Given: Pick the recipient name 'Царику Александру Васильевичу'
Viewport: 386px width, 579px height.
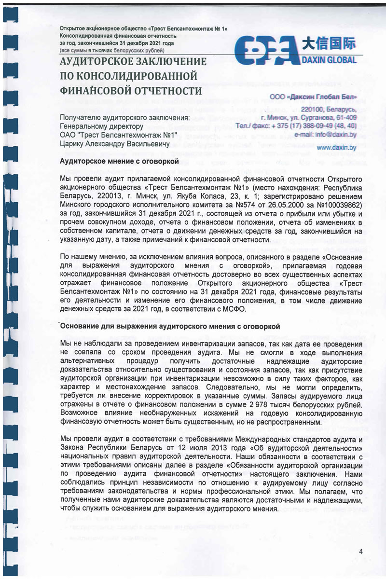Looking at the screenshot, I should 114,144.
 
